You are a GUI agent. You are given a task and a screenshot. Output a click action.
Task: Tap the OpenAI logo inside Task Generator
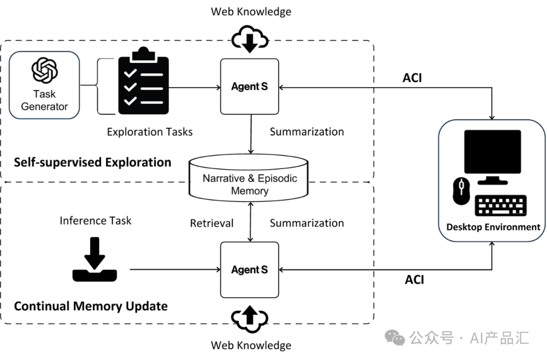pyautogui.click(x=45, y=70)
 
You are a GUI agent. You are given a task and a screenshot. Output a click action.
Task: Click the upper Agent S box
pyautogui.click(x=250, y=87)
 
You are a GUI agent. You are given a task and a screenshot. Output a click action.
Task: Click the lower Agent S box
pyautogui.click(x=250, y=269)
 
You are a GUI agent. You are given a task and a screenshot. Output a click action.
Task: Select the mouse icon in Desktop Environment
pyautogui.click(x=461, y=191)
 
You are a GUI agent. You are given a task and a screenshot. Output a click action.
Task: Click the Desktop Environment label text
pyautogui.click(x=493, y=227)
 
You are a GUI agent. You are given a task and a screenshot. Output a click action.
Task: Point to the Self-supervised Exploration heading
pyautogui.click(x=93, y=163)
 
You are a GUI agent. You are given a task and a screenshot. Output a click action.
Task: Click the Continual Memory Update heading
pyautogui.click(x=91, y=306)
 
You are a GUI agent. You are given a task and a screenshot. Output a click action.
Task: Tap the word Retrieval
pyautogui.click(x=212, y=223)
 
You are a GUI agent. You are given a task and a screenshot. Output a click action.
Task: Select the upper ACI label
pyautogui.click(x=412, y=78)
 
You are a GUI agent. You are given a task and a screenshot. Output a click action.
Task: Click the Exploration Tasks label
pyautogui.click(x=149, y=132)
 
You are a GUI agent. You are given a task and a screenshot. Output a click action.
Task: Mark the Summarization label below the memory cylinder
pyautogui.click(x=306, y=223)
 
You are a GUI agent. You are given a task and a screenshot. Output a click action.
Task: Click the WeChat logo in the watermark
pyautogui.click(x=395, y=338)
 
